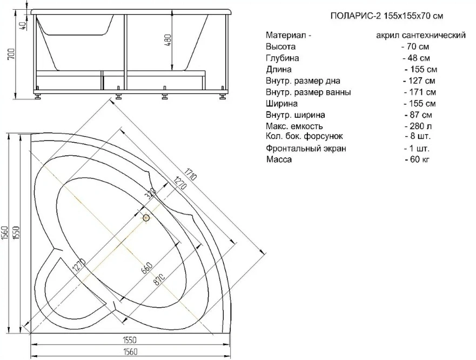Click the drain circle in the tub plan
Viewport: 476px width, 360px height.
pyautogui.click(x=146, y=218)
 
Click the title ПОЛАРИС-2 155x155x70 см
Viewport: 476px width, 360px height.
pyautogui.click(x=387, y=16)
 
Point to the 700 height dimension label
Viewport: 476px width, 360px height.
pyautogui.click(x=11, y=54)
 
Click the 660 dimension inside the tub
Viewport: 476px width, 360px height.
pyautogui.click(x=146, y=268)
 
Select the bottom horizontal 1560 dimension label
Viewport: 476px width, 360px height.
pyautogui.click(x=131, y=352)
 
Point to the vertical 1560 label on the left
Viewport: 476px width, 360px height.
pyautogui.click(x=4, y=235)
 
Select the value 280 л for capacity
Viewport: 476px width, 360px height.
pyautogui.click(x=419, y=126)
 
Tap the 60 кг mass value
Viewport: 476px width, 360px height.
pyautogui.click(x=418, y=159)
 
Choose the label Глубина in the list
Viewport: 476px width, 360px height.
pyautogui.click(x=283, y=58)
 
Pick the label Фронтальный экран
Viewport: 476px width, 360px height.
pyautogui.click(x=306, y=148)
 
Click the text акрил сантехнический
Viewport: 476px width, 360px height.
pyautogui.click(x=421, y=35)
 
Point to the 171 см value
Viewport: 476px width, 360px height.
pyautogui.click(x=420, y=92)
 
